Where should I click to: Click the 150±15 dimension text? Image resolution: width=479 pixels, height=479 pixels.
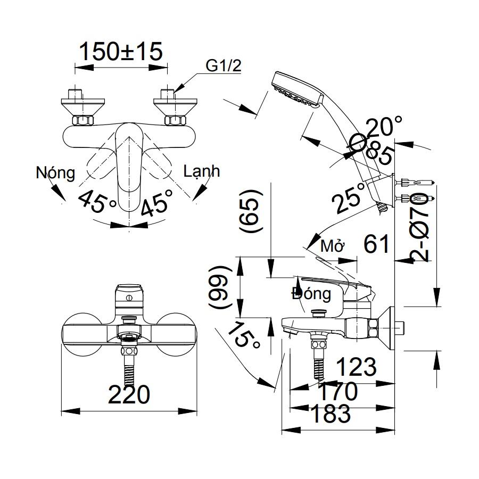pyautogui.click(x=120, y=52)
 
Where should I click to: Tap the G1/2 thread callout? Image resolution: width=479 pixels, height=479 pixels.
pyautogui.click(x=224, y=66)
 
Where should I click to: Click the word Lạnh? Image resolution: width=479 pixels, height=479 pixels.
pyautogui.click(x=201, y=171)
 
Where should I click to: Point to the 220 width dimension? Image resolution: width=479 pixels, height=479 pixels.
pyautogui.click(x=129, y=395)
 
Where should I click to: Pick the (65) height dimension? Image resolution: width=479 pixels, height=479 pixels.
pyautogui.click(x=251, y=211)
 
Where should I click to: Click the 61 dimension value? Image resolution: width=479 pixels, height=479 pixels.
pyautogui.click(x=377, y=244)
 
